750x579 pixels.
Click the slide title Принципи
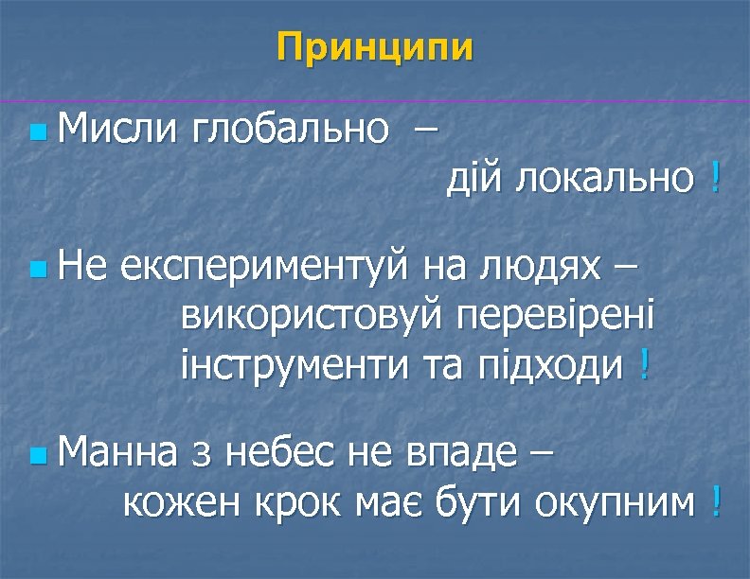click(375, 47)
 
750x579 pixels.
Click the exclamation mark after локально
click(713, 175)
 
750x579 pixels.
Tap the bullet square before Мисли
click(36, 129)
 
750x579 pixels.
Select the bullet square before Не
click(36, 271)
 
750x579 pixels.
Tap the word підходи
click(550, 363)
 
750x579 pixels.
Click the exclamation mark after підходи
click(644, 363)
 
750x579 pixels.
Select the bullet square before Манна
click(36, 457)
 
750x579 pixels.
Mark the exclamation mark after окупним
click(715, 502)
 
